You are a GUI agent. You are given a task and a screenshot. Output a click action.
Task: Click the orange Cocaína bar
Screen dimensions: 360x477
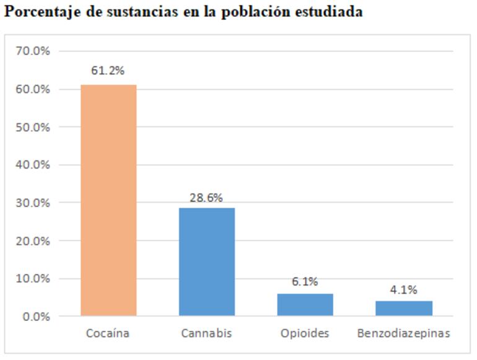(108, 200)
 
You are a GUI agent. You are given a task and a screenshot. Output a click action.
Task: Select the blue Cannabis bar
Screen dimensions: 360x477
(207, 261)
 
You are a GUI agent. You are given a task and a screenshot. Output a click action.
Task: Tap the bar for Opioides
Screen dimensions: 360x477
(305, 304)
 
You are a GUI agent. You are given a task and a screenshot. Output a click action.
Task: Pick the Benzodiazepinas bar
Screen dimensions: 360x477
(403, 308)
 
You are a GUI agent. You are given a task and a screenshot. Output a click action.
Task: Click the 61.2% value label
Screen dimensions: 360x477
(108, 71)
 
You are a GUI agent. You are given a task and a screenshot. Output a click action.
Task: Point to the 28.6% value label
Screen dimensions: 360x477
(206, 198)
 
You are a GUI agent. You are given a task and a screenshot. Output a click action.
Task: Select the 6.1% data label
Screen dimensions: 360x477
(305, 282)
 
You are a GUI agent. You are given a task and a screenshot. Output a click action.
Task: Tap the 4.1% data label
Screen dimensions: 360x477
(403, 289)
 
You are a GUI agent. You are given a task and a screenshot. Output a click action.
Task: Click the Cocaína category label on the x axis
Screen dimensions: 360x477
(108, 333)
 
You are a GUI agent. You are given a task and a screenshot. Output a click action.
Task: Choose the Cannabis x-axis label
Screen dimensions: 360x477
(206, 333)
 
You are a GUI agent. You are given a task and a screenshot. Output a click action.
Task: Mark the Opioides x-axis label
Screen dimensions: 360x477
(305, 333)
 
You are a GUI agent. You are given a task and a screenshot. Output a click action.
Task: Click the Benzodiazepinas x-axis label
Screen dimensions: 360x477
(403, 333)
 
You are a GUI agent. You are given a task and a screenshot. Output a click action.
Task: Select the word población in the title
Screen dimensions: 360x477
(260, 12)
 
